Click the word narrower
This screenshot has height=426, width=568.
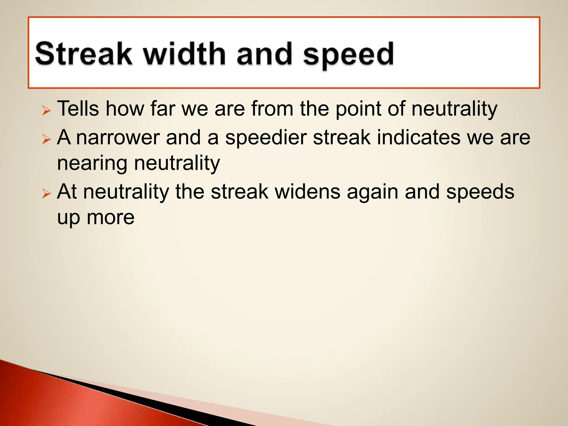point(118,138)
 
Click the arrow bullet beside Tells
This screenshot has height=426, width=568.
point(47,111)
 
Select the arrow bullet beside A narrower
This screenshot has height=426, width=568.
point(47,139)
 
